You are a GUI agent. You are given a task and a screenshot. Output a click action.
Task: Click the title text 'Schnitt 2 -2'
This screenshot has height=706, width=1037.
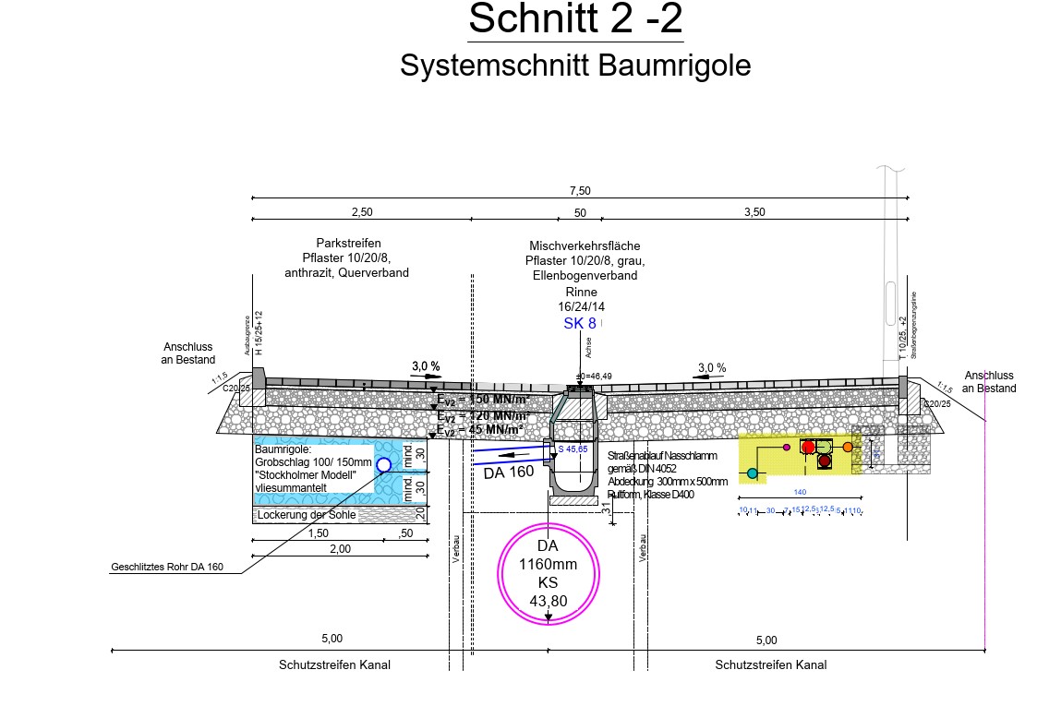point(575,19)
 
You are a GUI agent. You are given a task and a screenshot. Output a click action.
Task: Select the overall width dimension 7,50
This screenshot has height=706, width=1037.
point(580,190)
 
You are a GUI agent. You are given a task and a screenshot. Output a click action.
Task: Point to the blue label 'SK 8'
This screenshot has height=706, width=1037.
point(580,324)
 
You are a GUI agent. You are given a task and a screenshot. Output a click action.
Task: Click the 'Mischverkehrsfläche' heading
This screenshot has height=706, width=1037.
point(585,246)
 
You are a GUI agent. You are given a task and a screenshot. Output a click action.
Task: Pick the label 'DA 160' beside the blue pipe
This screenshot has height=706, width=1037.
point(509,473)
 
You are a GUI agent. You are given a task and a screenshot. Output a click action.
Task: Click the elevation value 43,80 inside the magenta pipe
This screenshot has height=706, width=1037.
point(549,601)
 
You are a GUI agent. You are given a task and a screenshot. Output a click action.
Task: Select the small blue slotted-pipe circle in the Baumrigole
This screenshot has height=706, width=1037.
point(384,465)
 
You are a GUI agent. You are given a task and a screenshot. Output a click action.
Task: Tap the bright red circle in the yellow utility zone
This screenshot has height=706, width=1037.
point(808,447)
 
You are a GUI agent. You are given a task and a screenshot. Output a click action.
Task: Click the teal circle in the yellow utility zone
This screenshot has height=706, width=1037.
point(753,473)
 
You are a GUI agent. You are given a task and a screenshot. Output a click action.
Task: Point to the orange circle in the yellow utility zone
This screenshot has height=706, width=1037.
point(848,448)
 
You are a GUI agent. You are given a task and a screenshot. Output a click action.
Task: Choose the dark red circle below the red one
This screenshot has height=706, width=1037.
point(824,461)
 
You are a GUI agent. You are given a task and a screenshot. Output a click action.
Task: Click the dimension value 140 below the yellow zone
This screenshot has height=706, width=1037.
point(800,493)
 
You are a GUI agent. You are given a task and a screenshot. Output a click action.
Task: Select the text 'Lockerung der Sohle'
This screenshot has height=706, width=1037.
point(307,515)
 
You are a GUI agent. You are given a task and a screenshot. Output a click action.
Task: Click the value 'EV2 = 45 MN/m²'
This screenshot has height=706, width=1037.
point(480,430)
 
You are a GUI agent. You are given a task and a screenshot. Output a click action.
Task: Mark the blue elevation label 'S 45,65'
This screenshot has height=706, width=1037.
point(573,449)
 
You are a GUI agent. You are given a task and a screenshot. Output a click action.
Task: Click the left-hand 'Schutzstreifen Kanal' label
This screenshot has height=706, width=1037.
point(334,664)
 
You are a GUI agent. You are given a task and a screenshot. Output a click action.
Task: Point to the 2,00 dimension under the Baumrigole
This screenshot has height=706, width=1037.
point(340,549)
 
